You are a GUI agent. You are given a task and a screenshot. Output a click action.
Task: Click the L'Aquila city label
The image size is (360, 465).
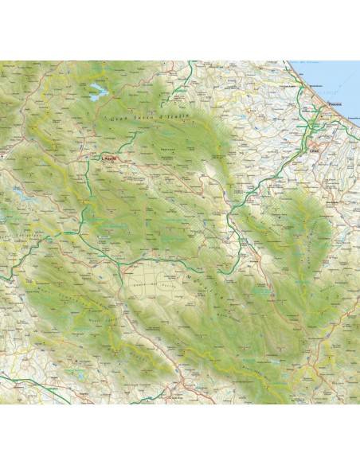(x=109, y=158)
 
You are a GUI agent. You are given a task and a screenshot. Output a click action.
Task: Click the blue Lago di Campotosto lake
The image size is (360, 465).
(x=96, y=88)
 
